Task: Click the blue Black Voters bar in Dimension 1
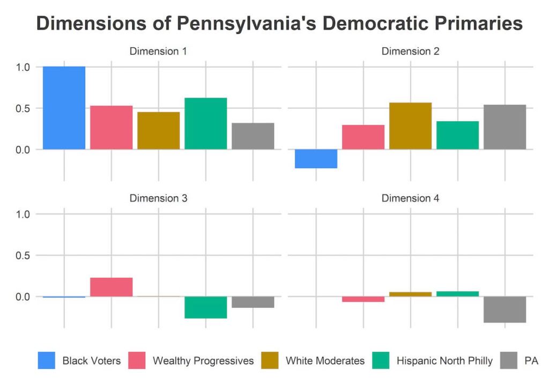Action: pyautogui.click(x=64, y=107)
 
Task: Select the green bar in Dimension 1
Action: pyautogui.click(x=205, y=123)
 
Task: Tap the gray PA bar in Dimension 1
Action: pyautogui.click(x=253, y=136)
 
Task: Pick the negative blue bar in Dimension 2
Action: pyautogui.click(x=316, y=159)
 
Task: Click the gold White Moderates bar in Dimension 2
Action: pyautogui.click(x=410, y=125)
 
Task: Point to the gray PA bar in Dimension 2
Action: pyautogui.click(x=505, y=127)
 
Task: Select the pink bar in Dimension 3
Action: pyautogui.click(x=111, y=287)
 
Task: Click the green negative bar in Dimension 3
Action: pyautogui.click(x=205, y=307)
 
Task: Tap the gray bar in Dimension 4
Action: pyautogui.click(x=505, y=309)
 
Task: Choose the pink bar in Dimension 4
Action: pyautogui.click(x=363, y=299)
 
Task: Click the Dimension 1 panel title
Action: pyautogui.click(x=158, y=51)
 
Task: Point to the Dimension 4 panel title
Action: pyautogui.click(x=410, y=198)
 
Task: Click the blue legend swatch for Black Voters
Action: pyautogui.click(x=46, y=360)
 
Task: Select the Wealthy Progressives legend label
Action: pyautogui.click(x=203, y=360)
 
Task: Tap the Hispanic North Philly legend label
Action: pyautogui.click(x=444, y=360)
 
